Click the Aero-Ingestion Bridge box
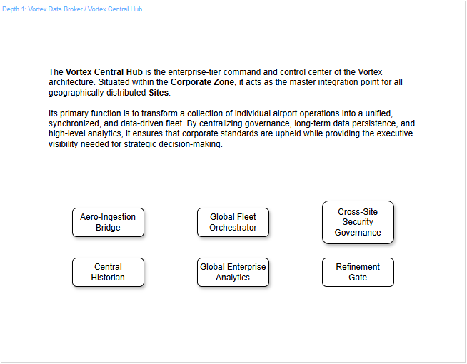click(108, 222)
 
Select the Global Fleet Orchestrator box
click(233, 222)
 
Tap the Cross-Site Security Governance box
click(358, 222)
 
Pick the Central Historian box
click(108, 272)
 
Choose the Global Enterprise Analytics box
click(233, 272)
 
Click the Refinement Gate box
click(358, 272)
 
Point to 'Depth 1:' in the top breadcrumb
click(14, 9)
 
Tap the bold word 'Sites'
click(159, 93)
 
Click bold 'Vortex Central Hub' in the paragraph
click(104, 72)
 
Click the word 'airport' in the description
click(288, 113)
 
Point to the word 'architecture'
click(72, 82)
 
